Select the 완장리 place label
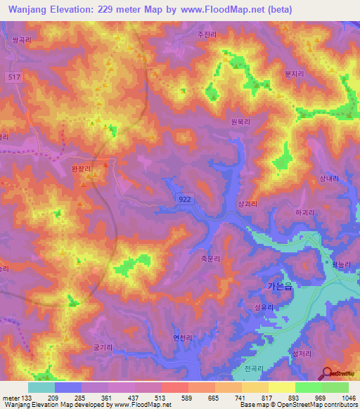[x=82, y=169]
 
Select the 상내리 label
[x=329, y=178]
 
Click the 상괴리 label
[x=249, y=204]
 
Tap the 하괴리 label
[x=305, y=212]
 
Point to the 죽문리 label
[x=210, y=259]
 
